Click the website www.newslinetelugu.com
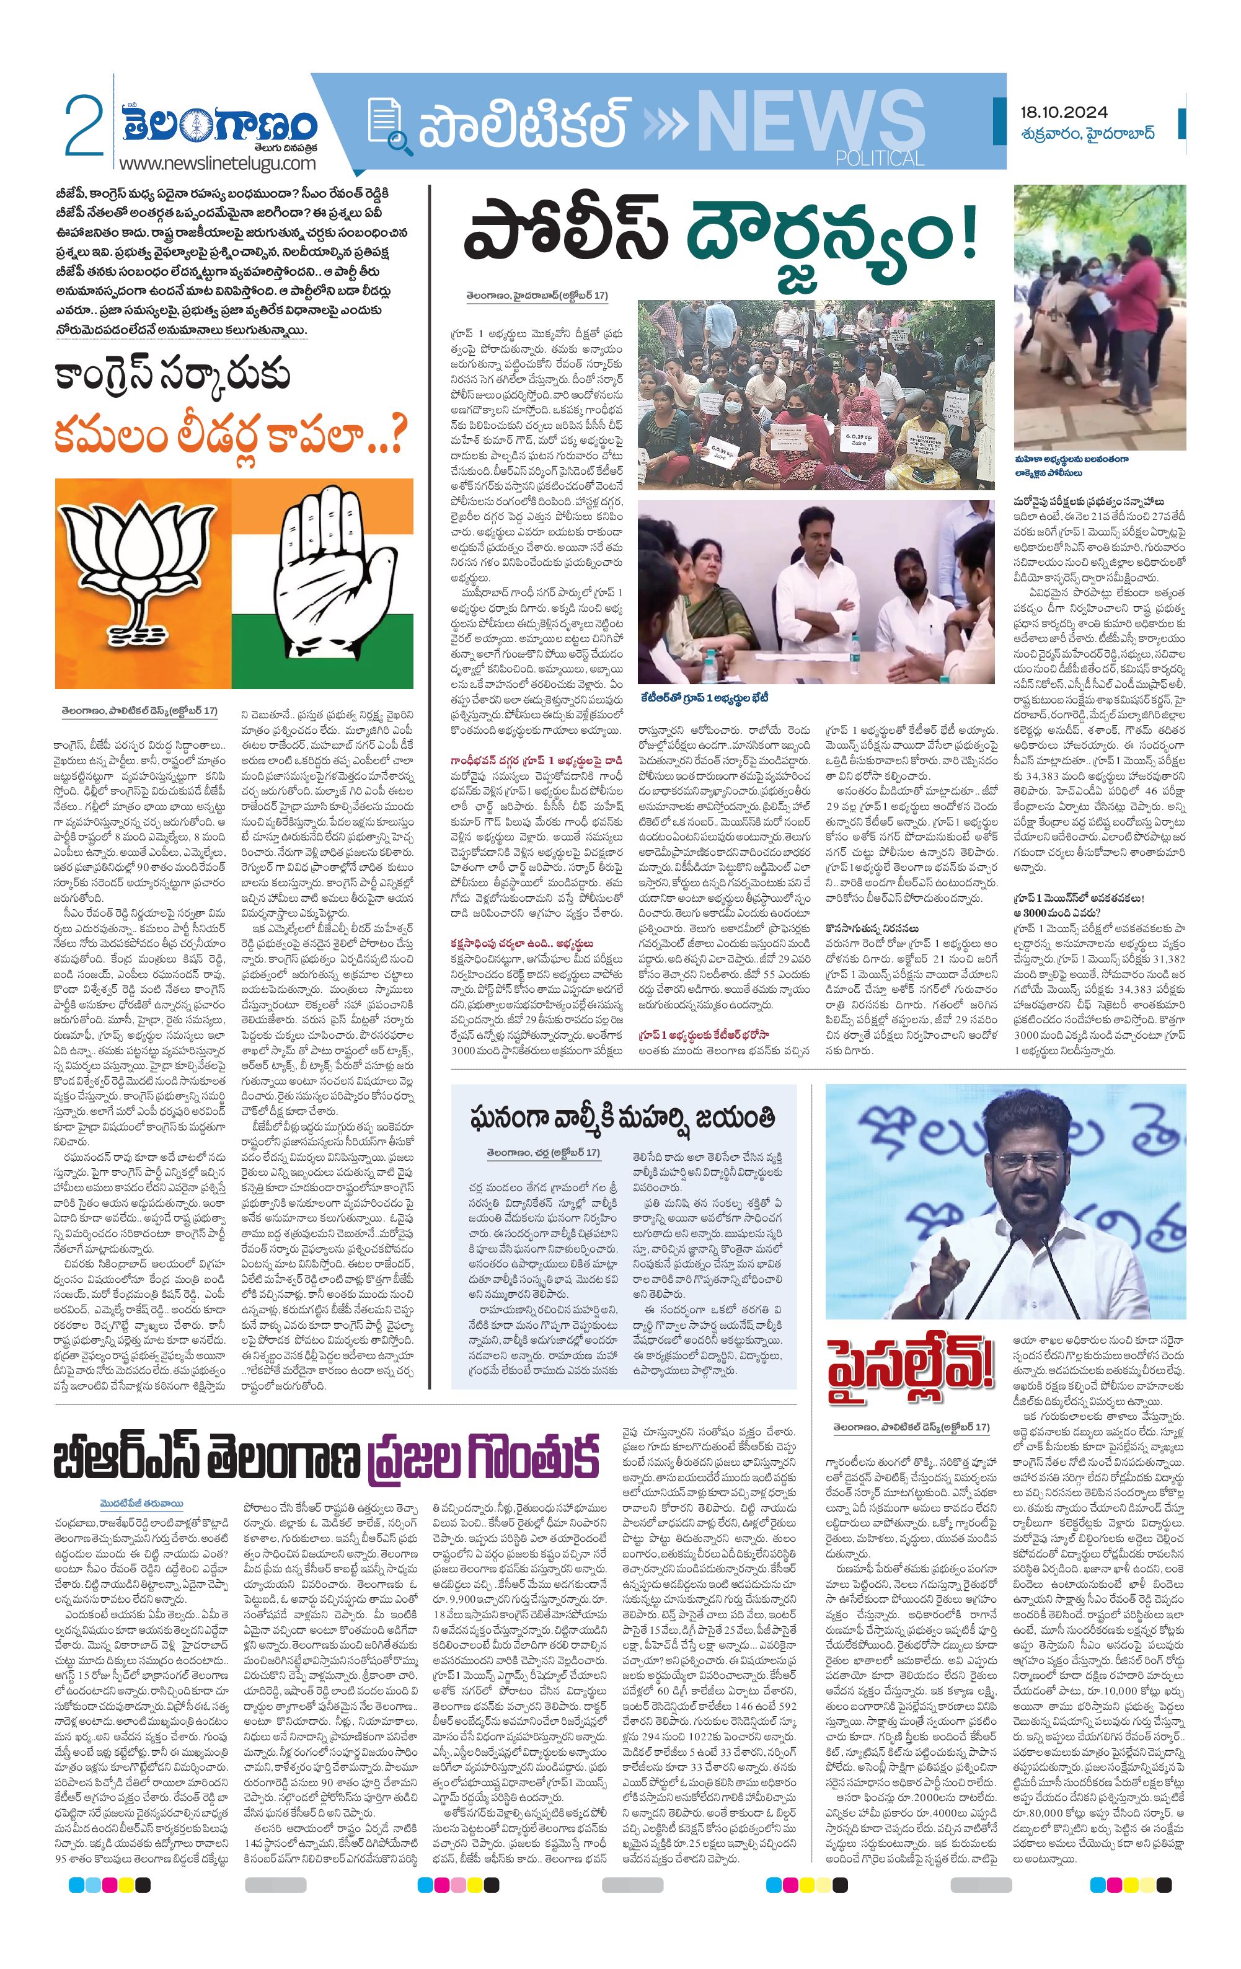pos(217,164)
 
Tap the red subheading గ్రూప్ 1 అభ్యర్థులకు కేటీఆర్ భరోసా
pos(704,1034)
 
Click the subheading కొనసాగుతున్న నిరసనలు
pos(872,928)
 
